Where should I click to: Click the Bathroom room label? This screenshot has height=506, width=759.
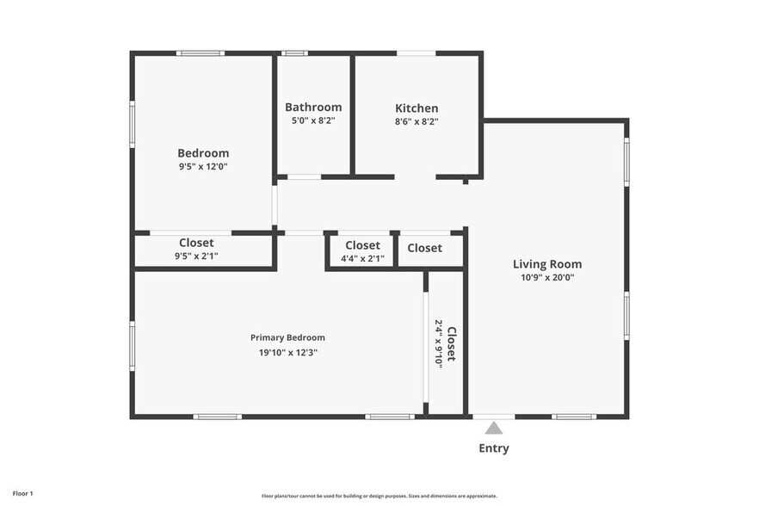(313, 107)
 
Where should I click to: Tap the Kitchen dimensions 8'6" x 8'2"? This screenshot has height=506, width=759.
(417, 121)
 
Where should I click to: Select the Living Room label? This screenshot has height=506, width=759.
(547, 264)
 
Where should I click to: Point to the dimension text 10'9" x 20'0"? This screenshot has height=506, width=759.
(547, 277)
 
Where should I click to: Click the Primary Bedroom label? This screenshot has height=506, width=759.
(287, 337)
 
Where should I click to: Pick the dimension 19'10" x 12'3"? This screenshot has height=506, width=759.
(288, 353)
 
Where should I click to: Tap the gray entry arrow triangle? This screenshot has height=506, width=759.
(493, 428)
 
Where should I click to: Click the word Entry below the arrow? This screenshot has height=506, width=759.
(494, 448)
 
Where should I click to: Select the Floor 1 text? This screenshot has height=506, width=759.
(22, 494)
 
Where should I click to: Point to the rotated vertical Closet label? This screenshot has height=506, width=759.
(451, 344)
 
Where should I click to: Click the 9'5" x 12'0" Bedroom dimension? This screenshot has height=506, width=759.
(203, 167)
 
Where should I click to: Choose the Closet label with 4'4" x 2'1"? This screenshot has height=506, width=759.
(362, 245)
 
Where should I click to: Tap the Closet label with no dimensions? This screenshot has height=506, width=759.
(424, 248)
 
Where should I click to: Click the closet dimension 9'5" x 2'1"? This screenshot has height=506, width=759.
(196, 256)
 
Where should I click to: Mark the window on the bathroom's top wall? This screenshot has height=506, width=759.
(294, 53)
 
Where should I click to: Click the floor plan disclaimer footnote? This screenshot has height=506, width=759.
(379, 496)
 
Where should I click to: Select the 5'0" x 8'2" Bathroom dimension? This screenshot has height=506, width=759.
(313, 120)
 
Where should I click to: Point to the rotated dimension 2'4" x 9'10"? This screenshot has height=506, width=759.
(439, 343)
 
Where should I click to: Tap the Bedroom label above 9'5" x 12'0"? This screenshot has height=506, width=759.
(203, 153)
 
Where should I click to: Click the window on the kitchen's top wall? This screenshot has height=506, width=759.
(416, 53)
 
